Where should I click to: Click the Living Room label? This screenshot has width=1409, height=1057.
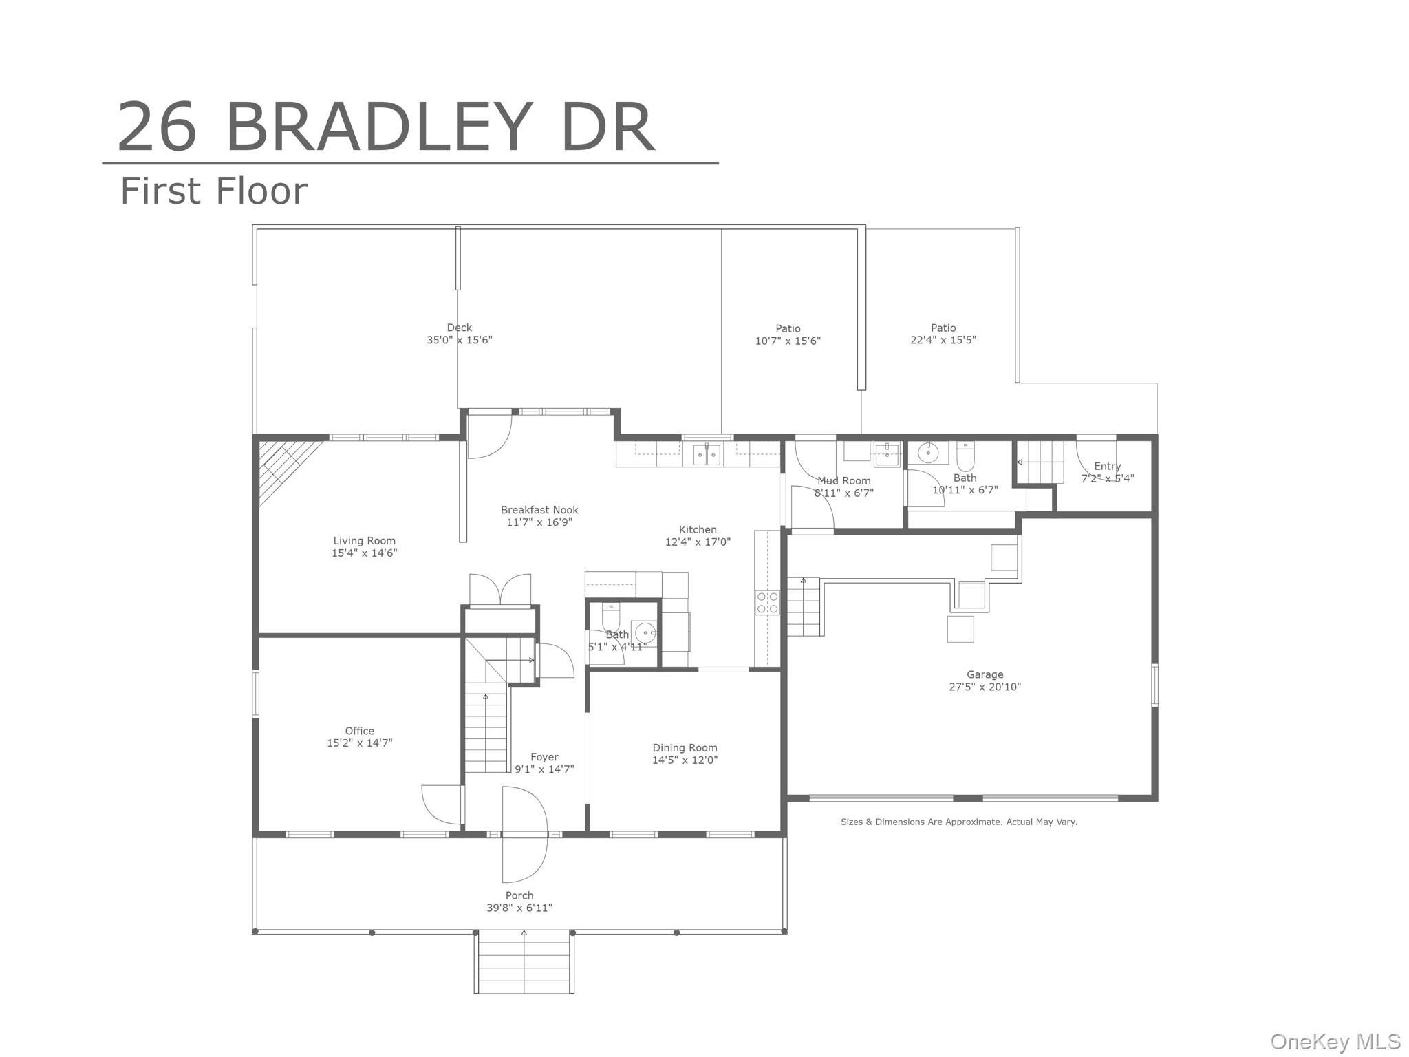coord(364,541)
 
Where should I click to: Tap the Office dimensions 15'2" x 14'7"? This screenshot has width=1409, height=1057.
coord(359,743)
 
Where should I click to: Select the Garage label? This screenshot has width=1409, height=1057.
coord(985,674)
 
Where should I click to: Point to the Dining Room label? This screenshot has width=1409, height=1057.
coord(685,747)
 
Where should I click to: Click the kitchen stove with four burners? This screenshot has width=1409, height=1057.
coord(767,603)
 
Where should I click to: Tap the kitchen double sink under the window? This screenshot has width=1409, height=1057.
coord(707,455)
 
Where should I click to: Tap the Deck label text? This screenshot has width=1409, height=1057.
coord(459,328)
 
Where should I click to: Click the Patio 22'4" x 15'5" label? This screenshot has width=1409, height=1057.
coord(943,334)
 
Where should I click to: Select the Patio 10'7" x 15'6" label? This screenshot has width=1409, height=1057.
coord(788,334)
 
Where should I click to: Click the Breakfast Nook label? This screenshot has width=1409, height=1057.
coord(539,510)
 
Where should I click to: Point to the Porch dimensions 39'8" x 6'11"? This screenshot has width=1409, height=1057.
coord(519,908)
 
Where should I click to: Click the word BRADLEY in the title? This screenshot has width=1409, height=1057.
coord(378,127)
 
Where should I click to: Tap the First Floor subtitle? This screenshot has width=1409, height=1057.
coord(213,191)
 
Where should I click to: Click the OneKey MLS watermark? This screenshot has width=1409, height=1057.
coord(1335,1041)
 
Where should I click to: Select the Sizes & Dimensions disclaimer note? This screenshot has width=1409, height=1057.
coord(958,822)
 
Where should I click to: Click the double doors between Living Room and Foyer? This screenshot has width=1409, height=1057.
coord(500,590)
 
